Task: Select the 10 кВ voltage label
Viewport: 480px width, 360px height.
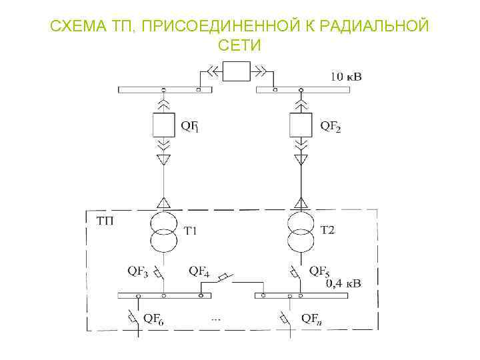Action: click(347, 77)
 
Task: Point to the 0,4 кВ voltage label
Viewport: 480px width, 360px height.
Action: click(343, 283)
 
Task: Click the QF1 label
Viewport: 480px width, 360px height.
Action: click(189, 125)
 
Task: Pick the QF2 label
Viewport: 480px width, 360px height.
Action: click(330, 125)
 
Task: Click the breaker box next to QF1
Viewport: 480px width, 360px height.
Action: click(163, 125)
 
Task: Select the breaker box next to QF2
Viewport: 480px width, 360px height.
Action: click(302, 125)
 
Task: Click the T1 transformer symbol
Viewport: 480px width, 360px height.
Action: click(163, 229)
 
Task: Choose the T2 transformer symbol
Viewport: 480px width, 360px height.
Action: click(302, 229)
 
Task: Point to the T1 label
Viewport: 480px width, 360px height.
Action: click(191, 231)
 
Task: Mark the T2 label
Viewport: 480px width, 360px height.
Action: click(328, 231)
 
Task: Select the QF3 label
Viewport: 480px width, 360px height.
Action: click(138, 271)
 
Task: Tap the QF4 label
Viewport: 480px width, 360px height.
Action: click(199, 271)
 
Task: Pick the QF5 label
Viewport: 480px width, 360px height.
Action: click(319, 271)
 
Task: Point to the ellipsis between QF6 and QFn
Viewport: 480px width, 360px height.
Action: click(215, 319)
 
